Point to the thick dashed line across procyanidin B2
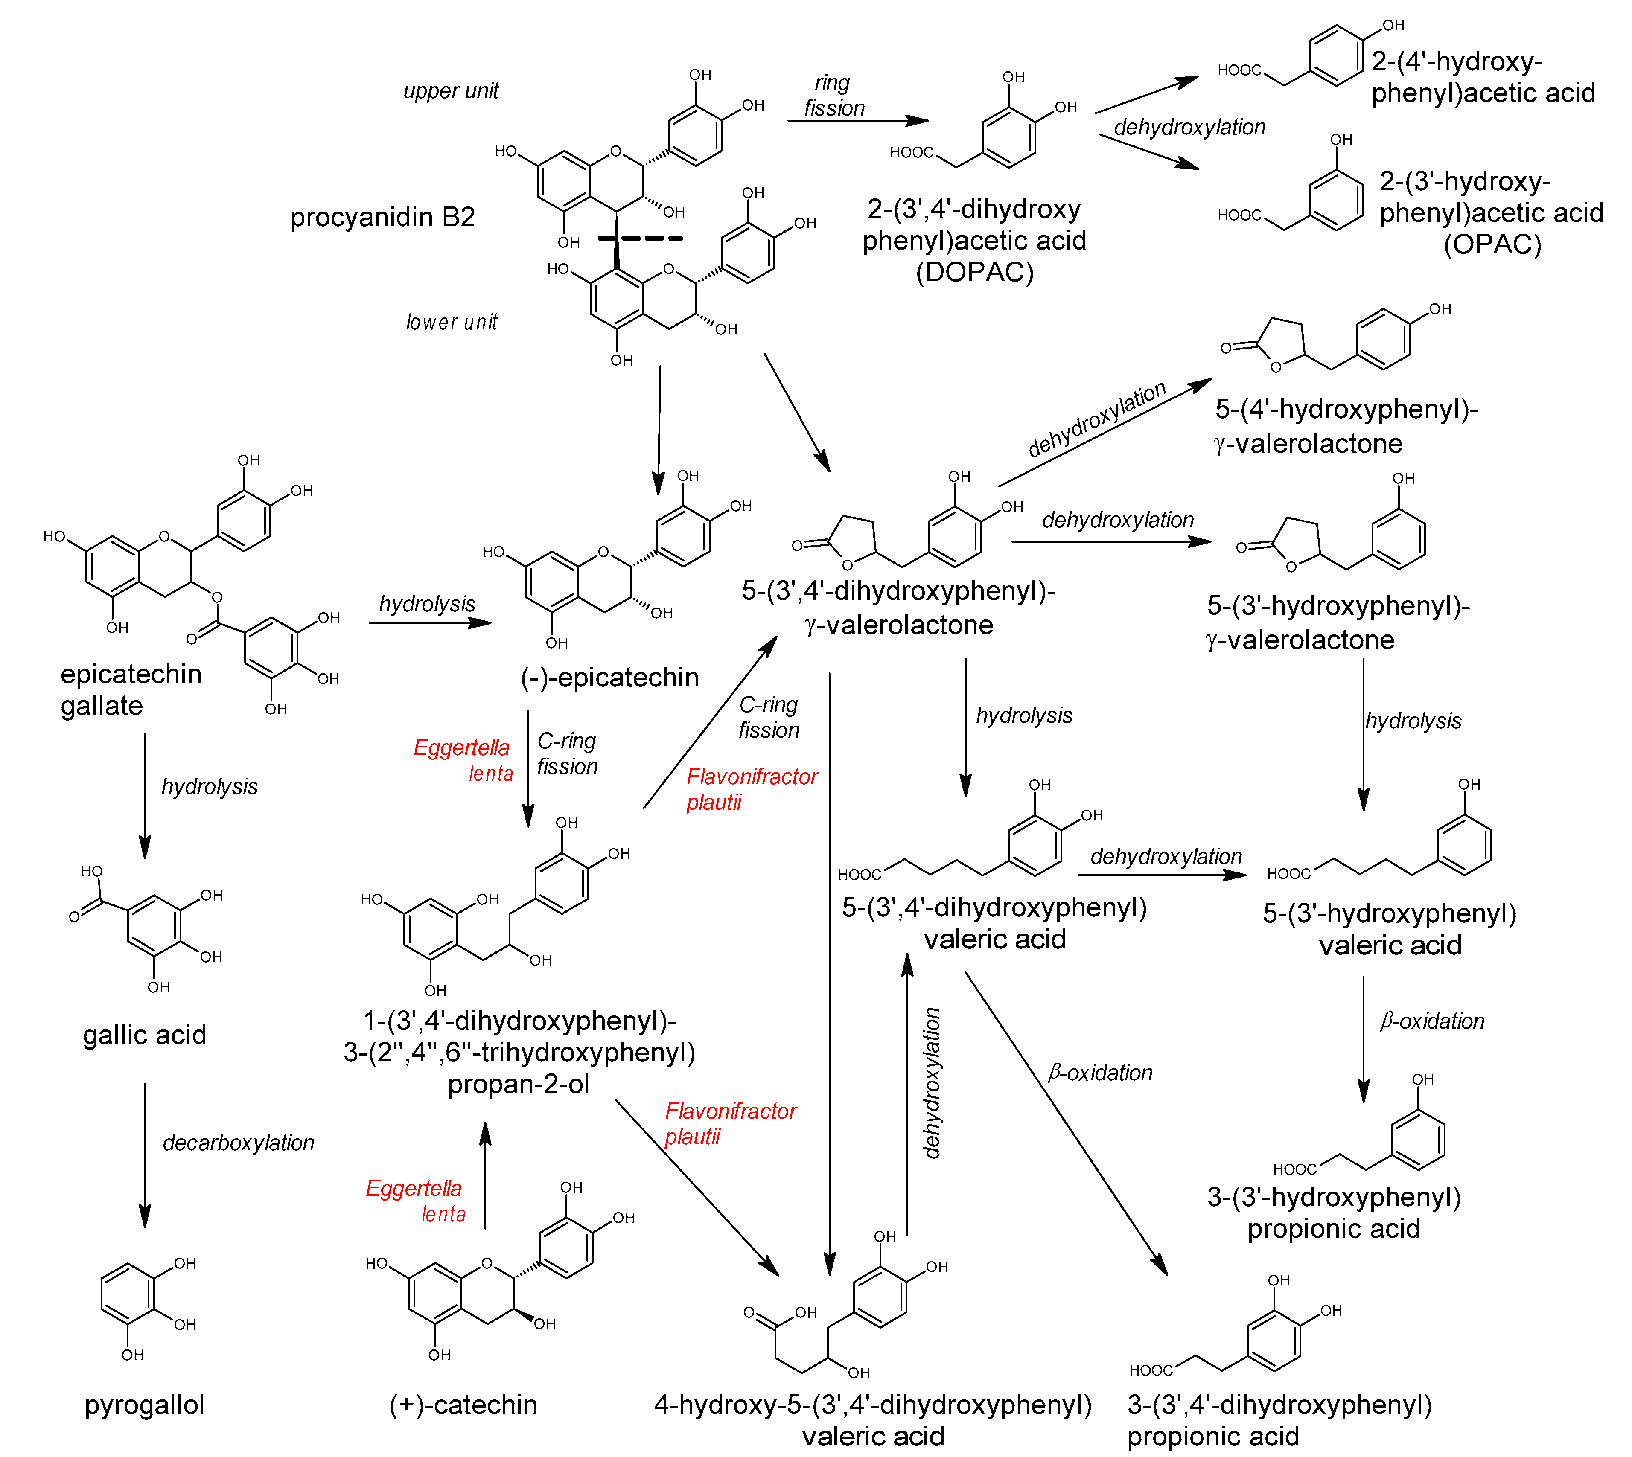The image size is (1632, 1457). point(641,238)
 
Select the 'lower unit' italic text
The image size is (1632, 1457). point(451,322)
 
